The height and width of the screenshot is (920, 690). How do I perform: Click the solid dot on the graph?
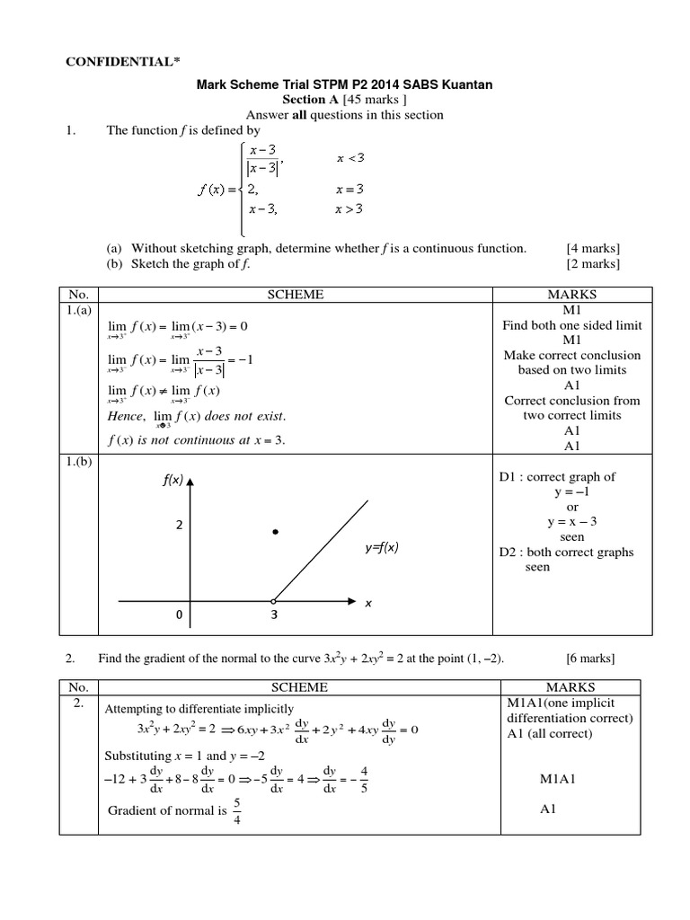tap(276, 533)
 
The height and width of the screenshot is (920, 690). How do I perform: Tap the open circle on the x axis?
tap(274, 600)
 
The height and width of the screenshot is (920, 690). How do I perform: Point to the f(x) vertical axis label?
tap(172, 481)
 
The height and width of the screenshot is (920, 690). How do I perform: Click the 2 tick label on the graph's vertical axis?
tap(180, 526)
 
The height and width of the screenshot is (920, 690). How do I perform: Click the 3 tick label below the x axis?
tap(273, 616)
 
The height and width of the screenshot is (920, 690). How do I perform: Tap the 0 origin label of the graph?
tap(180, 616)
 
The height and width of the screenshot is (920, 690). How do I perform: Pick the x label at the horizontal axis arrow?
tap(367, 605)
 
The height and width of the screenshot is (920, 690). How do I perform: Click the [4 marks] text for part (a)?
tap(593, 248)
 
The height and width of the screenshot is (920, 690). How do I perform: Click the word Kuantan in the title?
tap(468, 84)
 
